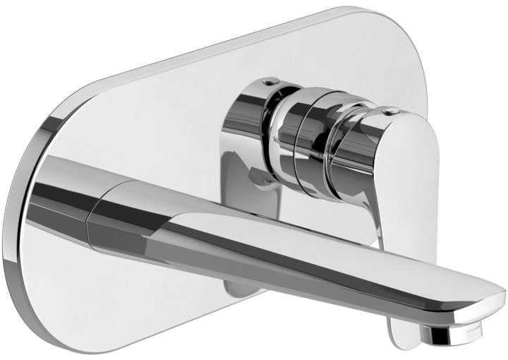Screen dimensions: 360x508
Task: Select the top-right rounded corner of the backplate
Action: click(409, 28)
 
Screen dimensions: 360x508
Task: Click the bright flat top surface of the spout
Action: click(282, 226)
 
